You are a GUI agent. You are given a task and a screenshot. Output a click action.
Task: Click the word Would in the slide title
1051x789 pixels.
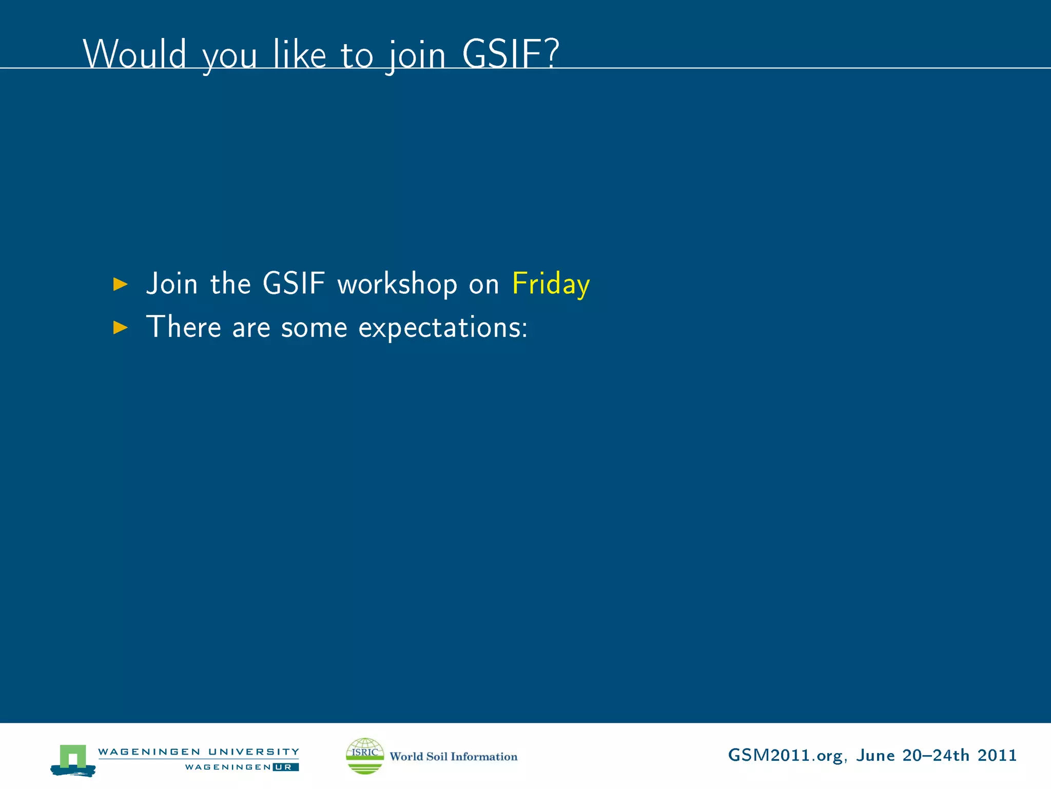click(134, 54)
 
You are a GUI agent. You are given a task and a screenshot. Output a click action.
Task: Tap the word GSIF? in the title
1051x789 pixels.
click(510, 54)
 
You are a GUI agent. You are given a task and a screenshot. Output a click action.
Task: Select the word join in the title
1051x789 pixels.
click(416, 55)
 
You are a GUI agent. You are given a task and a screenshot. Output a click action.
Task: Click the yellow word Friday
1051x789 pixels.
click(551, 284)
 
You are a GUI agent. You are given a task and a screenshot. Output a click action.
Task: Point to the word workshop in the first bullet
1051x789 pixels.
click(397, 284)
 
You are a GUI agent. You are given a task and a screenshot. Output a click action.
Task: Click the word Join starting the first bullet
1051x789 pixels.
click(172, 284)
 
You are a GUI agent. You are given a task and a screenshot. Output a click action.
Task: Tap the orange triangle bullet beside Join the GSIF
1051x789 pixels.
click(120, 284)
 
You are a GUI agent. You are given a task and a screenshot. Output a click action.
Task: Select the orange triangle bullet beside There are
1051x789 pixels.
click(120, 327)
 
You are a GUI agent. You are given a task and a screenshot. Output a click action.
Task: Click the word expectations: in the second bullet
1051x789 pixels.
click(442, 328)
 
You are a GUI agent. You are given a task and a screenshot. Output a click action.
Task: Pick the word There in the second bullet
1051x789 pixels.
click(183, 327)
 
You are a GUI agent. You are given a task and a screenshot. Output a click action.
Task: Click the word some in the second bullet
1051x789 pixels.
click(314, 328)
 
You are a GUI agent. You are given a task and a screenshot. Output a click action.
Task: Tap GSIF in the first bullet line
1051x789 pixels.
click(294, 284)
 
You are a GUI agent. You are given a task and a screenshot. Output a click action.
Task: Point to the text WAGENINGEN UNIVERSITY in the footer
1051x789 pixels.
click(199, 752)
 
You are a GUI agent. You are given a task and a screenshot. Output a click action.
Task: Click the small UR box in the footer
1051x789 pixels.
click(286, 767)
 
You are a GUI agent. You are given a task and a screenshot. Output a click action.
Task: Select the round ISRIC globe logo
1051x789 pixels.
click(365, 756)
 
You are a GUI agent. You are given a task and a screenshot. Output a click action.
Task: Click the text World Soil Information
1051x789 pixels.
click(453, 756)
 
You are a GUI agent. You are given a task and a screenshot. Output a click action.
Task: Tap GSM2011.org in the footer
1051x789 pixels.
click(785, 756)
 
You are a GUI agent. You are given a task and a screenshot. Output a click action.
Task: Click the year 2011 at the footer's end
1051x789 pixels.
click(997, 755)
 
